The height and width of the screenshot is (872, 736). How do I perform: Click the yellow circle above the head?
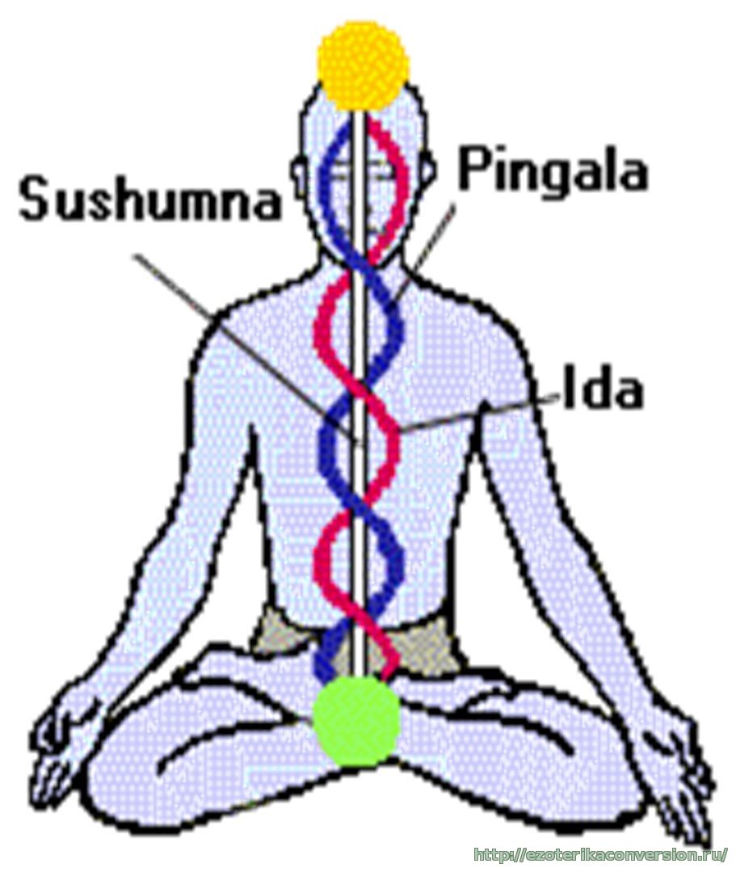[364, 65]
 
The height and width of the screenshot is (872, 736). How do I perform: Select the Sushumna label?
[150, 200]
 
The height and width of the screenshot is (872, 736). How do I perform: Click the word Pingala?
[554, 171]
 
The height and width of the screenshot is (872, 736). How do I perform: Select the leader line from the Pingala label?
[432, 238]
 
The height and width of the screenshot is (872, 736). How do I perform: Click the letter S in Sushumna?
[37, 200]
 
